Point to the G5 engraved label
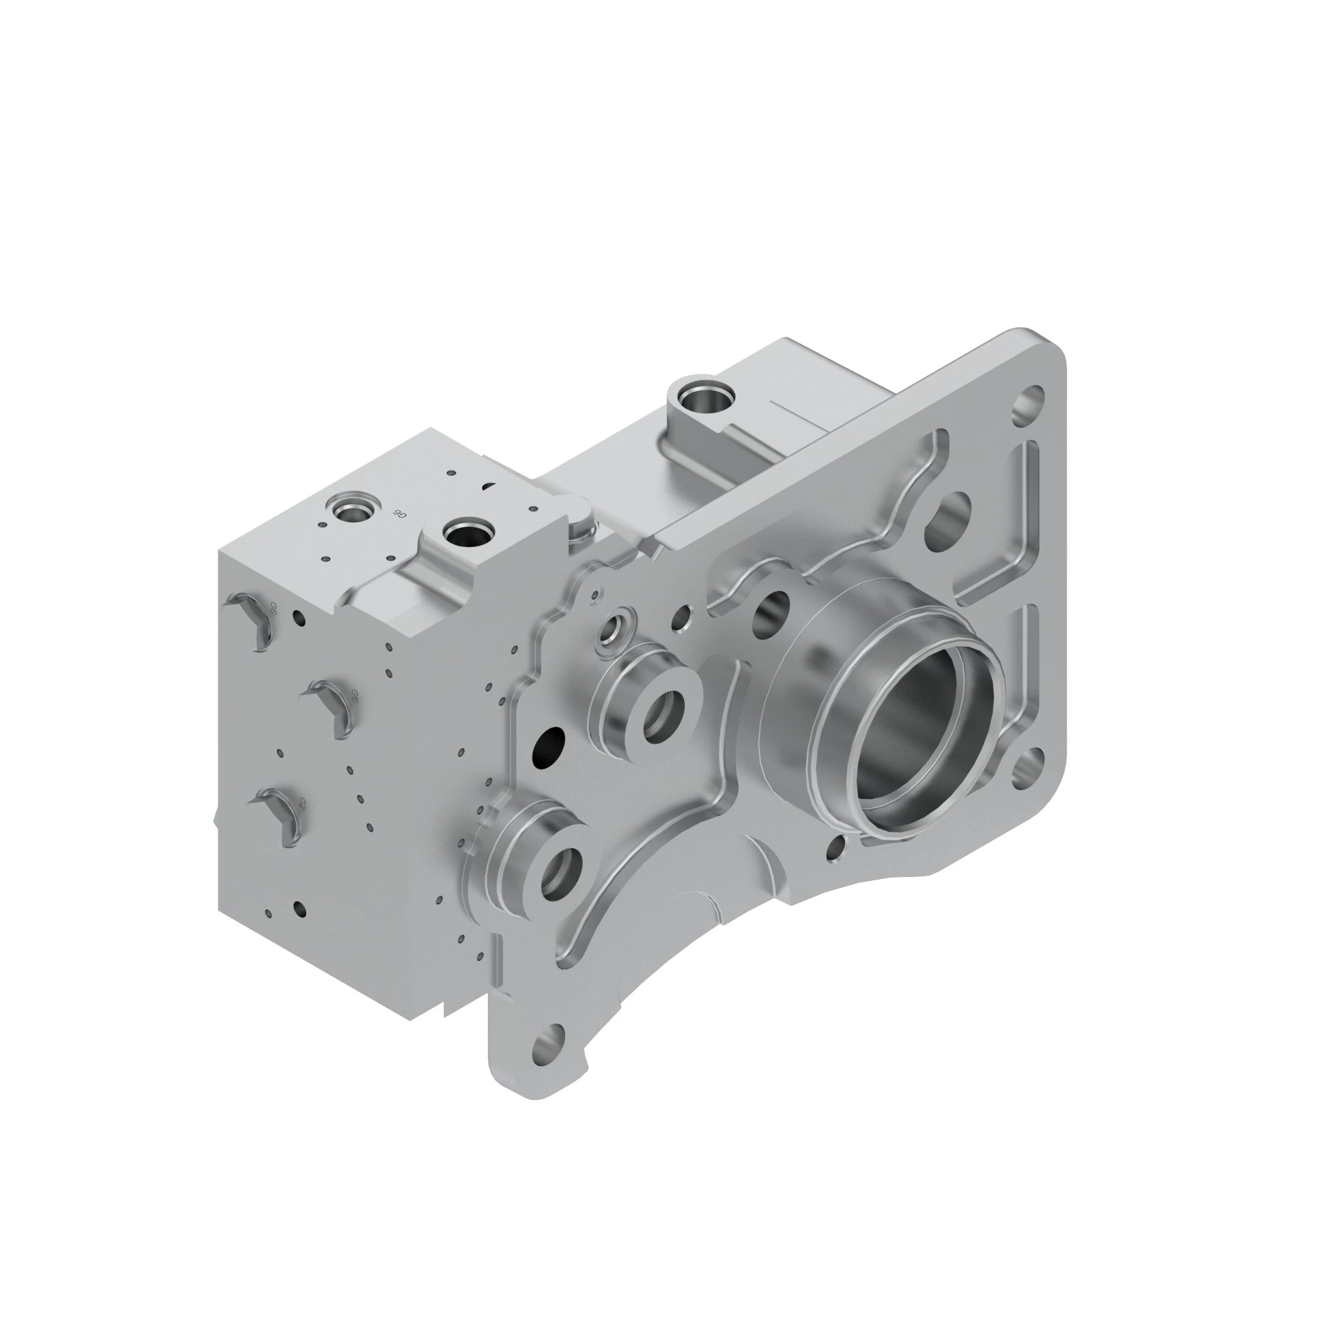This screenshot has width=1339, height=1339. pyautogui.click(x=354, y=694)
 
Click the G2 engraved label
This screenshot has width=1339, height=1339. pyautogui.click(x=302, y=803)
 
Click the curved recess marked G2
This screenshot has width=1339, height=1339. pyautogui.click(x=277, y=818)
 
